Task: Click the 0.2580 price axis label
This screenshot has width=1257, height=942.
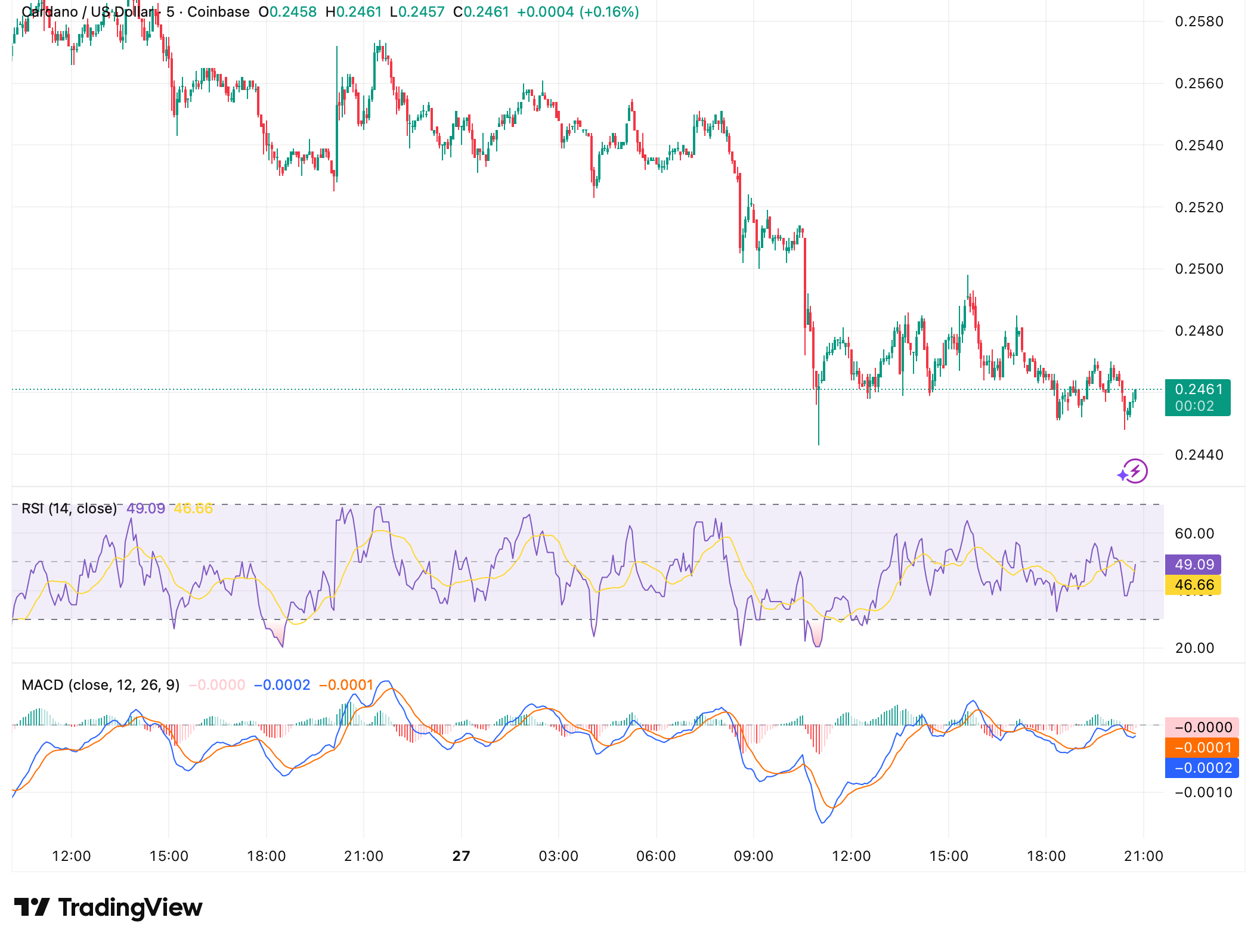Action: click(1199, 22)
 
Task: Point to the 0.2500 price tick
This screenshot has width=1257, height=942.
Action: click(1199, 269)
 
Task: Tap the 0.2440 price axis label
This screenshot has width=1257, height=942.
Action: click(1199, 455)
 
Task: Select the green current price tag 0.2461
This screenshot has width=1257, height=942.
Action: click(1197, 397)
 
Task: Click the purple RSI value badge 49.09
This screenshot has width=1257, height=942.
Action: click(1194, 565)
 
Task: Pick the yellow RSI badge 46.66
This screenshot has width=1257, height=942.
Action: click(1194, 585)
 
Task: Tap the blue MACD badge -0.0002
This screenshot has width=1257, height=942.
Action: click(1202, 768)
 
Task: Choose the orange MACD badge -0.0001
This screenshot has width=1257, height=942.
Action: click(1202, 748)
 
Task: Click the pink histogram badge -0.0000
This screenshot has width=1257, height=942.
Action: click(1202, 727)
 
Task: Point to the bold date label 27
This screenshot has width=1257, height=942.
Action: click(461, 856)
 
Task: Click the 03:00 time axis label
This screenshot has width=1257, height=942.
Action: click(559, 856)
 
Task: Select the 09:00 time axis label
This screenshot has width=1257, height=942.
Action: click(754, 856)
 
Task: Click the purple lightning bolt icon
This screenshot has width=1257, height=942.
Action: click(1134, 472)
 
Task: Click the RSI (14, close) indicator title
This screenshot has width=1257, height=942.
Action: click(69, 509)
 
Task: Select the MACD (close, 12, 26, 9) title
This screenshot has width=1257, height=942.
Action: click(100, 685)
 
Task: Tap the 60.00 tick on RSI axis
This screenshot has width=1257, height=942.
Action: click(1194, 534)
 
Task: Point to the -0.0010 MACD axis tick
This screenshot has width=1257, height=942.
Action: click(1202, 792)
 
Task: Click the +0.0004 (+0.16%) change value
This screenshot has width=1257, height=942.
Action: click(578, 12)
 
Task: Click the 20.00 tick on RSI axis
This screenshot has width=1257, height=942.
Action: click(1194, 648)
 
